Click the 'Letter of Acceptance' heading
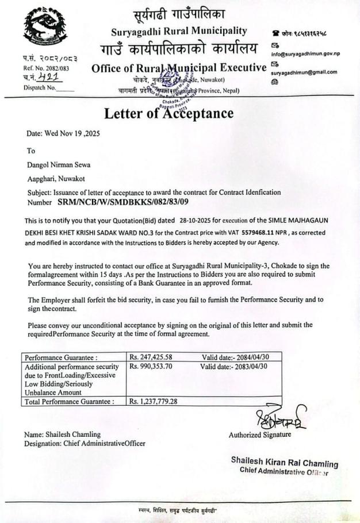pos(168,113)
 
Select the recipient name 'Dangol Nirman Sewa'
pos(59,164)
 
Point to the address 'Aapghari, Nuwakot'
pos(55,178)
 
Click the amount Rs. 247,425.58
pos(152,357)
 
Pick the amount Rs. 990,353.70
pos(152,366)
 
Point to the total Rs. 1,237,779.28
pos(154,401)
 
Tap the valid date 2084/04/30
pos(248,357)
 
